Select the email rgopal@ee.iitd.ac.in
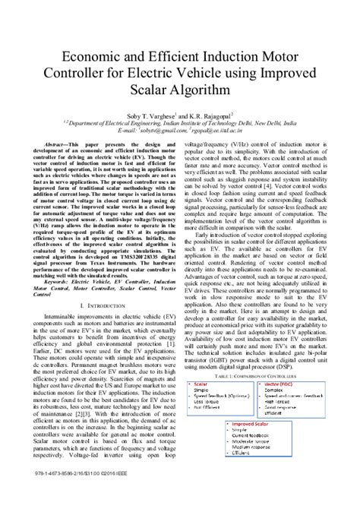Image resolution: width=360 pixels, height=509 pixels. [216, 130]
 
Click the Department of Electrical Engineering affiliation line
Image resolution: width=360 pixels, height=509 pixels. [179, 122]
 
